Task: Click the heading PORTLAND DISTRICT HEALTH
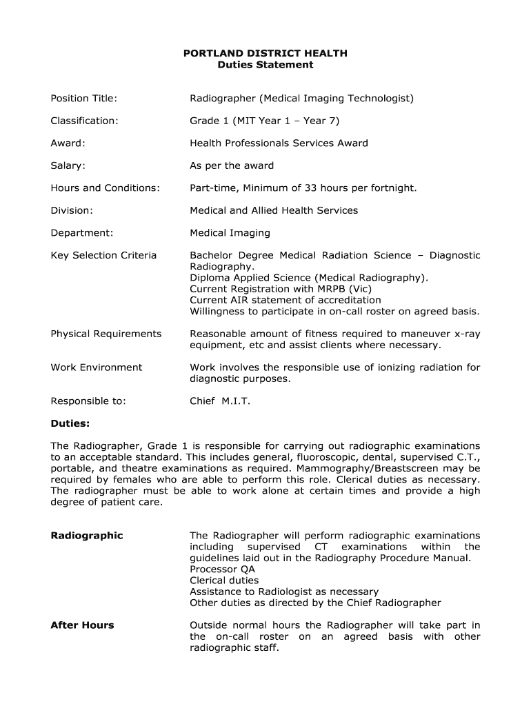click(x=265, y=53)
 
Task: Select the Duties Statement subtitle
click(x=265, y=65)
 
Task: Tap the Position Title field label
click(x=83, y=99)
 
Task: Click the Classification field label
click(x=84, y=121)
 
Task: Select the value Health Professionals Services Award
click(x=279, y=143)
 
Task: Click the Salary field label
click(x=68, y=165)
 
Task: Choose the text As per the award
click(x=232, y=165)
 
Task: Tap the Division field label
click(x=71, y=210)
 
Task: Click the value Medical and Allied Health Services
click(x=274, y=210)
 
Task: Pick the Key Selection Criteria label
click(x=103, y=255)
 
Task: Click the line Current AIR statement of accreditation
click(x=285, y=300)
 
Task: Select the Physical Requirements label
click(x=106, y=334)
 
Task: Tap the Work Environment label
click(x=96, y=367)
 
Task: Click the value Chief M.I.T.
click(x=220, y=401)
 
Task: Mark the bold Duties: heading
click(x=70, y=423)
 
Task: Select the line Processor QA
click(x=222, y=569)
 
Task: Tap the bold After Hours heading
click(x=82, y=625)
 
